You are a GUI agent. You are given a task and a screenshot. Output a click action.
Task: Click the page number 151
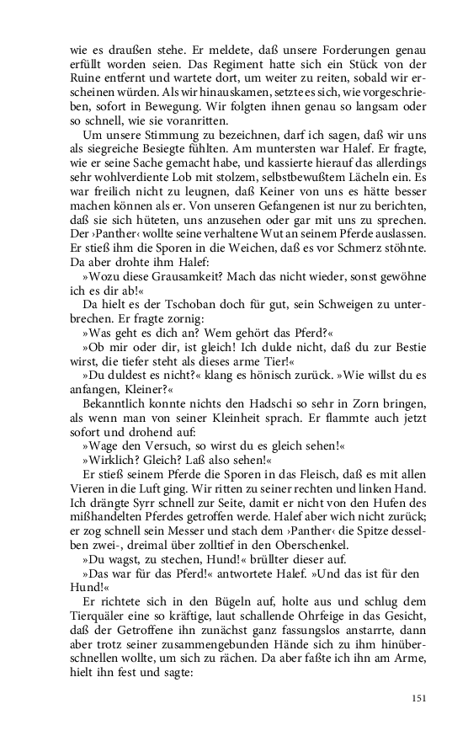click(418, 697)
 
